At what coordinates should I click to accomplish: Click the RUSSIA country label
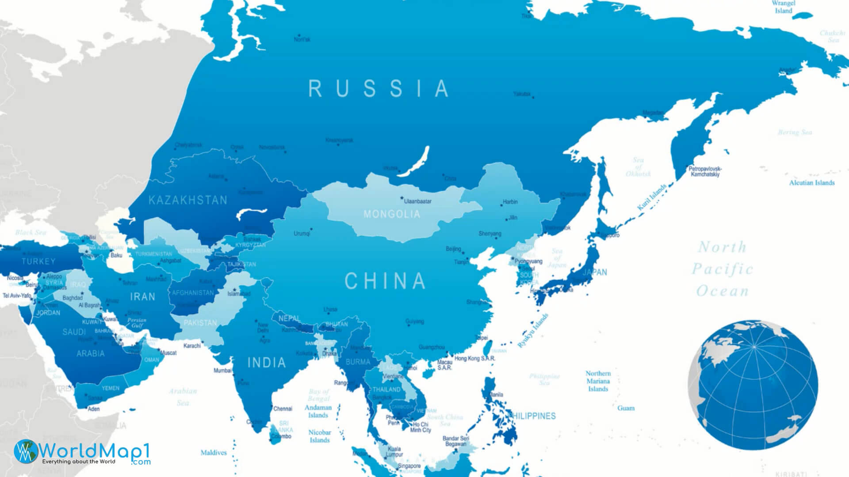(x=379, y=89)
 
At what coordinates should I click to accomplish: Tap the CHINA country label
(x=385, y=281)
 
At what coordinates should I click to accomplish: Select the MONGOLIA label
(x=392, y=215)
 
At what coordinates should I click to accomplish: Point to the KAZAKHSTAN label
(x=188, y=201)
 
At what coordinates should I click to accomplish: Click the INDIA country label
(x=267, y=363)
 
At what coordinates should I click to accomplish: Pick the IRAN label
(x=142, y=297)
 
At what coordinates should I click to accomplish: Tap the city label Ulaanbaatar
(x=417, y=201)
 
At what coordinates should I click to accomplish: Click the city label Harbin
(x=510, y=202)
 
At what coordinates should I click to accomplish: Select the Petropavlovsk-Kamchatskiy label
(x=705, y=171)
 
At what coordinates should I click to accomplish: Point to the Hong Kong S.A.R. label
(x=475, y=358)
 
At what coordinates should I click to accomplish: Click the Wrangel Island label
(x=783, y=7)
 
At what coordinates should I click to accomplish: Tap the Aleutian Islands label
(x=812, y=183)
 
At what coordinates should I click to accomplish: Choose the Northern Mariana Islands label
(x=598, y=381)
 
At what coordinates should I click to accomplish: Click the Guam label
(x=626, y=408)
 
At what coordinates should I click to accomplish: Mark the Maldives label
(x=214, y=453)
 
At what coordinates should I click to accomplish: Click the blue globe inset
(x=753, y=385)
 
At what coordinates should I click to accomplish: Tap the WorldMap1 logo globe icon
(x=26, y=451)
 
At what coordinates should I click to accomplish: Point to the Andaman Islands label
(x=318, y=412)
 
